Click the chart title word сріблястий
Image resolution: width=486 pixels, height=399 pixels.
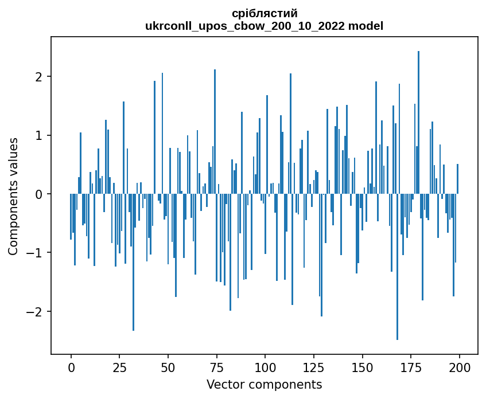click(265, 13)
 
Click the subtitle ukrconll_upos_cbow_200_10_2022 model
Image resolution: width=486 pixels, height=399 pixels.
click(265, 26)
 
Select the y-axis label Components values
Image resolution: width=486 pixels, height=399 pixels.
click(13, 196)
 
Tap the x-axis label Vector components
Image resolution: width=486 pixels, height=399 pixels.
click(265, 384)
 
